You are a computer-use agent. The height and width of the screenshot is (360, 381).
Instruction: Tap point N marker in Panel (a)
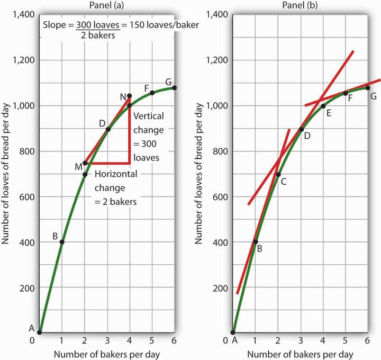pos(130,96)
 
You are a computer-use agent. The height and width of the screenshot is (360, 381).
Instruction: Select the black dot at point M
pos(85,163)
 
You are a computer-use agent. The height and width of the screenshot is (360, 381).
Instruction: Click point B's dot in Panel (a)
pos(62,242)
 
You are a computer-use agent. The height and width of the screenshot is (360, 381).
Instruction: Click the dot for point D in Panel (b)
pos(301,129)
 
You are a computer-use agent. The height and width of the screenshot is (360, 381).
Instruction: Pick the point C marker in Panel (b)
pos(278,174)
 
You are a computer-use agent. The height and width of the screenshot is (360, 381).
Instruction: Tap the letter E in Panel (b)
pos(329,113)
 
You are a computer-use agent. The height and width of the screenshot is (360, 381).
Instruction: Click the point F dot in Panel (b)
pos(346,93)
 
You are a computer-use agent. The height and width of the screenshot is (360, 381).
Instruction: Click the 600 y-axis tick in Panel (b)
pos(218,196)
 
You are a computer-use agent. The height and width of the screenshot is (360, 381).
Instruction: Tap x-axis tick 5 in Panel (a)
pos(152,340)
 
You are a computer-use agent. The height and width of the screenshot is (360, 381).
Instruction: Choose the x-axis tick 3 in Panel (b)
pos(301,340)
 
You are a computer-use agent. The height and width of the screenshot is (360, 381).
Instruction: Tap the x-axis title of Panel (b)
pos(300,353)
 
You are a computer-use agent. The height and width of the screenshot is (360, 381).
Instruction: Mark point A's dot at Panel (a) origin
pos(40,333)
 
